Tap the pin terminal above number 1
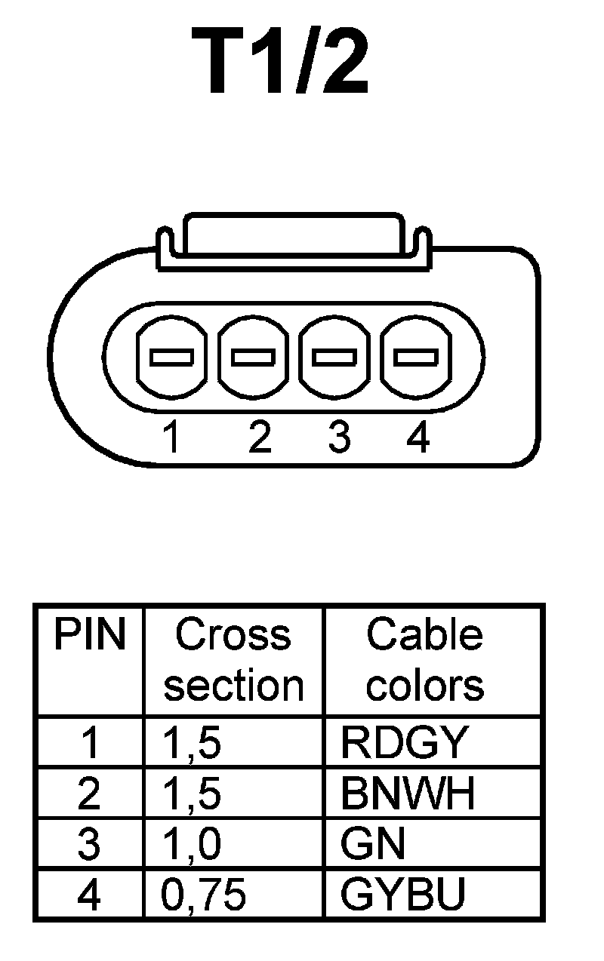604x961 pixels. coord(171,357)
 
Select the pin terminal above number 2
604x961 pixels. coord(253,357)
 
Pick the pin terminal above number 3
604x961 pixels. coord(334,357)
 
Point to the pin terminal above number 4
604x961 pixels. coord(416,357)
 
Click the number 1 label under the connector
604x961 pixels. coord(173,437)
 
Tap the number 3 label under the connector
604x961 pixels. coord(339,437)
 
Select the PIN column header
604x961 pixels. coord(89,636)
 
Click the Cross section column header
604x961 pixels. coord(233,660)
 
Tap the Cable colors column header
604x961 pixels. coord(424,660)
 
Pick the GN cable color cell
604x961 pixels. coord(373,843)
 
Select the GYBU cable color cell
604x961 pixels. coord(402,894)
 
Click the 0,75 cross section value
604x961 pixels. coord(204,895)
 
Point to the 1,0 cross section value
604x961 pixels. coord(192,844)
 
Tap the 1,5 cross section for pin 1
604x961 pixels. coord(192,743)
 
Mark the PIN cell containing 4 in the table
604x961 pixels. coord(89,895)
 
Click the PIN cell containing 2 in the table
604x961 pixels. coord(89,794)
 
